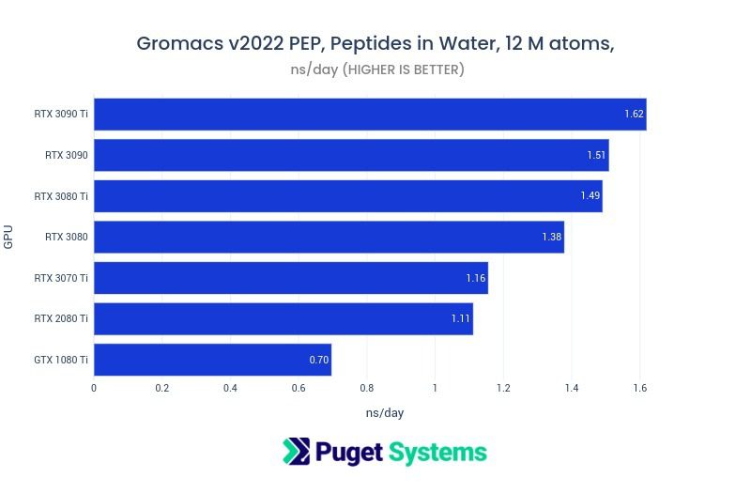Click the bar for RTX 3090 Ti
pos(370,115)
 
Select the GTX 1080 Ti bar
pos(212,360)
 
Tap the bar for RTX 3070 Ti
pos(291,278)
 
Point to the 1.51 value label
pos(596,156)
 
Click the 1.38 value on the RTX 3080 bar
pos(551,238)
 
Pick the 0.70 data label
pos(318,360)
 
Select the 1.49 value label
pos(590,196)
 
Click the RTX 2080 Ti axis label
pos(61,319)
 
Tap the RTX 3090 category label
pos(67,156)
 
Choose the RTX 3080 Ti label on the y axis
pos(61,196)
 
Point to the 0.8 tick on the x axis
pos(367,388)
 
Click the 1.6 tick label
pos(639,388)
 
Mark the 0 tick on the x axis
pos(94,388)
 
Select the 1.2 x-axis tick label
pos(503,388)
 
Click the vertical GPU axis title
pos(9,237)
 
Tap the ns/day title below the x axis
pos(385,412)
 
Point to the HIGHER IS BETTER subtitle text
pos(405,69)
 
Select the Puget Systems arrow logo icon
pos(296,452)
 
